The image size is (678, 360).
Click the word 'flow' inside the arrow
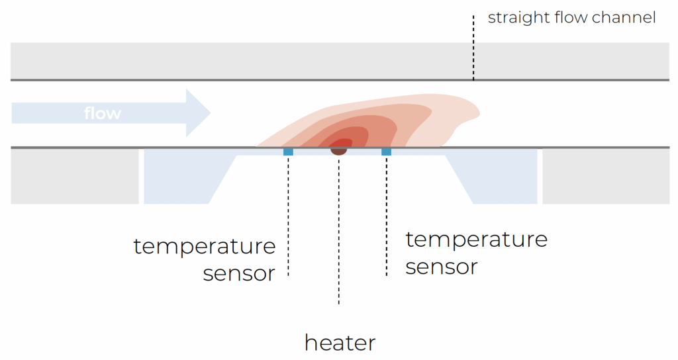103,113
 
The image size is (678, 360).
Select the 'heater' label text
340,343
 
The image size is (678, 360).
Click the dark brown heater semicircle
339,152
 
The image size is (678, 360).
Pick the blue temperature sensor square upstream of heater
288,152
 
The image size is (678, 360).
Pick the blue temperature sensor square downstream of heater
387,152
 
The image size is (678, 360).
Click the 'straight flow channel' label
571,18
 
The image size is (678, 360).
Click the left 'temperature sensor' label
205,259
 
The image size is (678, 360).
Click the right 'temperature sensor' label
476,252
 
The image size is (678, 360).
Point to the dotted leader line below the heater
339,232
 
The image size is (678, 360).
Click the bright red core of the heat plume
342,144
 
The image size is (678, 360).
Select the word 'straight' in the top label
514,18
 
